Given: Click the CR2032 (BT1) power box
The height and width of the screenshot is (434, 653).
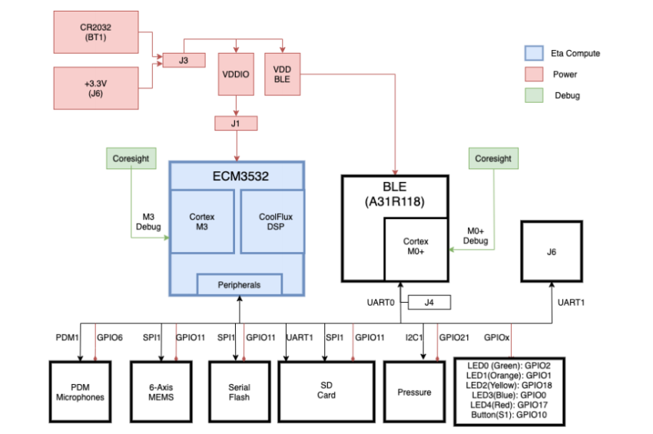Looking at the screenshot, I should tap(96, 32).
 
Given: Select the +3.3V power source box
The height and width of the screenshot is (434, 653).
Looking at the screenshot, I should tap(96, 88).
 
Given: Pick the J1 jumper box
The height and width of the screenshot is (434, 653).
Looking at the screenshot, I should tap(237, 123).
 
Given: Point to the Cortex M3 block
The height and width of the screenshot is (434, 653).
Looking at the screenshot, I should tap(202, 221).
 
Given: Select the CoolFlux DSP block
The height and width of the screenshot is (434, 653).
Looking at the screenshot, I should tap(272, 221).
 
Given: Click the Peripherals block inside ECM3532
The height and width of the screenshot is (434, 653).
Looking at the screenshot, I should tap(239, 284).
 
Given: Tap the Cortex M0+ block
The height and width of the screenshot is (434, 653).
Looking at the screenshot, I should tap(416, 247).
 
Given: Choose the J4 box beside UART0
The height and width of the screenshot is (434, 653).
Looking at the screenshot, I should tap(429, 303).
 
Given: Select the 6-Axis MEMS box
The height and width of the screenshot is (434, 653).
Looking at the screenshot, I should tap(161, 392).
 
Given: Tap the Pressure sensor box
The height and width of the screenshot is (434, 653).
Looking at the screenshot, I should tap(414, 392).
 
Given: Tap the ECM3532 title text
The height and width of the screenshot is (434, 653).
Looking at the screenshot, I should tap(237, 176).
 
